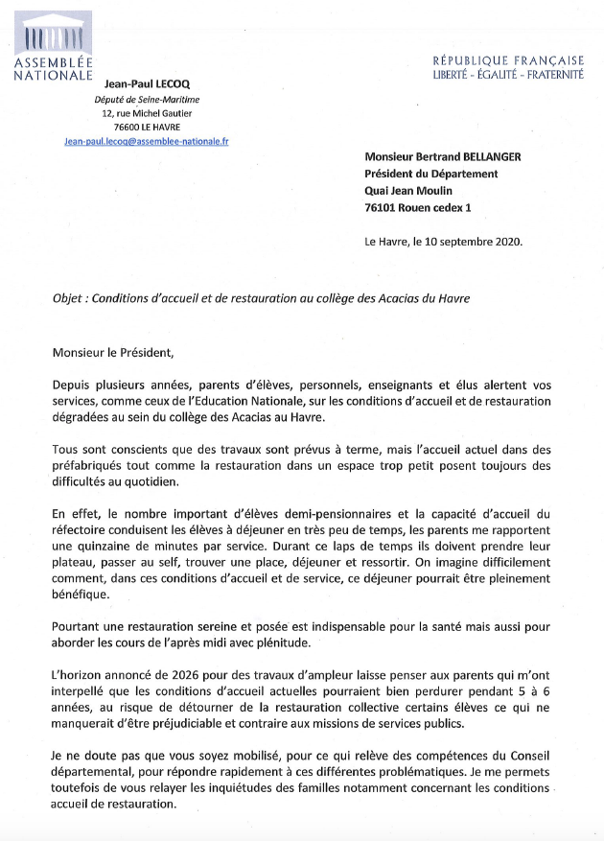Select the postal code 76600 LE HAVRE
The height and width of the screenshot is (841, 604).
point(146,127)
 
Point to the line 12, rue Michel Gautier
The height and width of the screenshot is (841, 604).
point(146,112)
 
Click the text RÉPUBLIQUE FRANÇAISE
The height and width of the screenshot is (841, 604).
point(509,59)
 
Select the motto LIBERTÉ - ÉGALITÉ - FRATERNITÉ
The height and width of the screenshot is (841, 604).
point(509,74)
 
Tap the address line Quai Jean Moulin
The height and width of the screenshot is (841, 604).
point(413,190)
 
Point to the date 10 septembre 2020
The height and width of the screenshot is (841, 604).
point(471,242)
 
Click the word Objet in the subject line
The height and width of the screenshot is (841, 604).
point(69,297)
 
